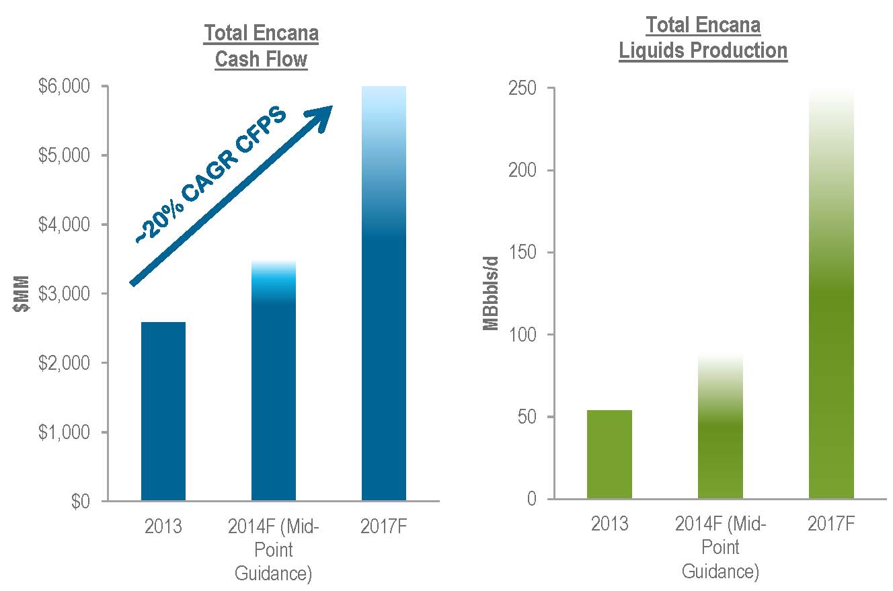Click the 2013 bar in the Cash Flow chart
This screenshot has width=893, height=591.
click(x=163, y=411)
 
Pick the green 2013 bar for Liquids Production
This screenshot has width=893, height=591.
click(x=609, y=454)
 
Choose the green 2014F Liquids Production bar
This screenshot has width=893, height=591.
click(x=720, y=430)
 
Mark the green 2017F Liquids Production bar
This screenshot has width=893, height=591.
click(x=831, y=296)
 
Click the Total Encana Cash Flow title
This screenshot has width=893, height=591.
click(x=261, y=46)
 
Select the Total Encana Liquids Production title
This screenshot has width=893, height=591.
click(x=703, y=38)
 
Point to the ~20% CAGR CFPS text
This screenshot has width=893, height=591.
click(x=210, y=174)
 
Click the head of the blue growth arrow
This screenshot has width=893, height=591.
click(x=320, y=114)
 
